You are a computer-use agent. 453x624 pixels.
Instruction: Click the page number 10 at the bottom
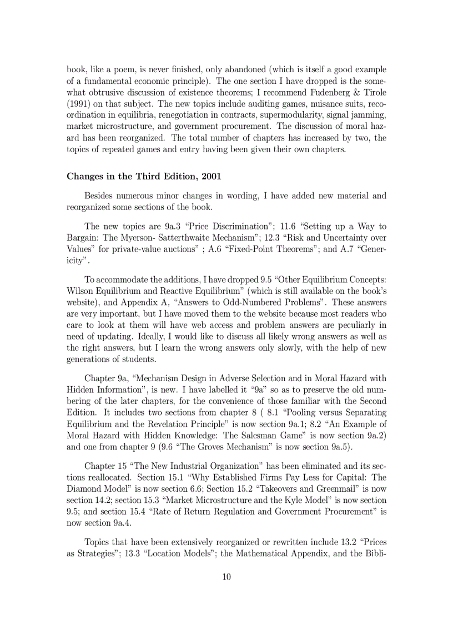[x=226, y=577]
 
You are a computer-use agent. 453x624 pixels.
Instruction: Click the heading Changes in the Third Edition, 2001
[x=144, y=177]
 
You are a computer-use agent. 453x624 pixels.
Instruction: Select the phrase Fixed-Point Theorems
[x=276, y=249]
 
